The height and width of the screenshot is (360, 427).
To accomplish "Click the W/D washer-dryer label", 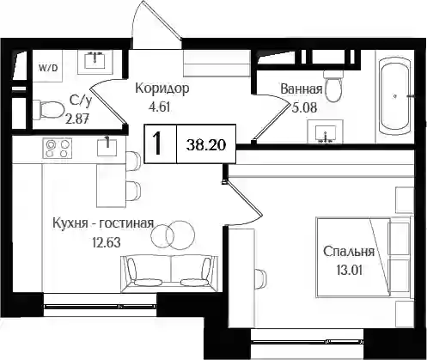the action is (48, 68).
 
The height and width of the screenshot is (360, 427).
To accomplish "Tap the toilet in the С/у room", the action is (49, 110).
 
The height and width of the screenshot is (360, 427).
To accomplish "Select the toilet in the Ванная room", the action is (332, 86).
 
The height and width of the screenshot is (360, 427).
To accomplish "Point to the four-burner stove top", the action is (58, 148).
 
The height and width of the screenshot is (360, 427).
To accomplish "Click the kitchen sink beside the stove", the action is (107, 148).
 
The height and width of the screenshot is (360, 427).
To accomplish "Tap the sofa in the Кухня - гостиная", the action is (170, 273).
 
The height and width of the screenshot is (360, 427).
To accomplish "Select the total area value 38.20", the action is (206, 145).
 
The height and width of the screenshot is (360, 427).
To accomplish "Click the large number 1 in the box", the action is (157, 143).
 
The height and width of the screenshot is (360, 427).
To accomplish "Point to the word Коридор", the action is (162, 88).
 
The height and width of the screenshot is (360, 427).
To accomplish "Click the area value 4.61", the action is (160, 107).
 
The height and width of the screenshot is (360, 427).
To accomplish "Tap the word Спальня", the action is (349, 252).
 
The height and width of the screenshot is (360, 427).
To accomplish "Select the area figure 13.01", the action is (350, 270).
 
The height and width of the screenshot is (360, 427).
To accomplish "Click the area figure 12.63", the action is (107, 243).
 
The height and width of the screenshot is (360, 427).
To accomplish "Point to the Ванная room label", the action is (302, 89).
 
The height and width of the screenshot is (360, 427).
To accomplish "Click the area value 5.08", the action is (304, 108).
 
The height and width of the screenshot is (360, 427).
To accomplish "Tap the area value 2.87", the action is (76, 119).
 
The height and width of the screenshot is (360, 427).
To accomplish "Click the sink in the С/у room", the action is (95, 59).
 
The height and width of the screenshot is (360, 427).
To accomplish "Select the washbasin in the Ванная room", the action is (325, 131).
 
